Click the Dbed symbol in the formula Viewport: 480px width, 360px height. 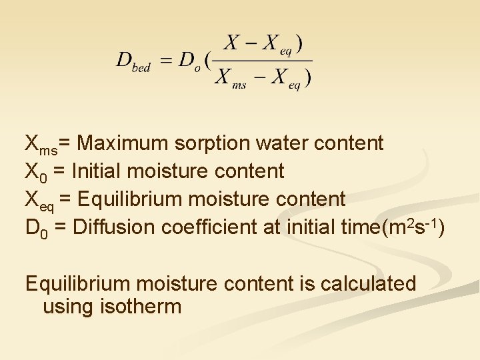click(x=133, y=61)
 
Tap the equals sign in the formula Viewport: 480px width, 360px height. click(x=166, y=61)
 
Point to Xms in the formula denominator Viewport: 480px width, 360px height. click(x=231, y=78)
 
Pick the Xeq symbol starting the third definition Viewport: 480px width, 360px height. click(x=36, y=200)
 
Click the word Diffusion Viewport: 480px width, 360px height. click(x=110, y=227)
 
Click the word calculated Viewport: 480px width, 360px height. click(x=368, y=283)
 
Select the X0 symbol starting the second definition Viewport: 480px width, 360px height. click(x=35, y=172)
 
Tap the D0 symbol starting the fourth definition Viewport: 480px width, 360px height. click(x=35, y=228)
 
